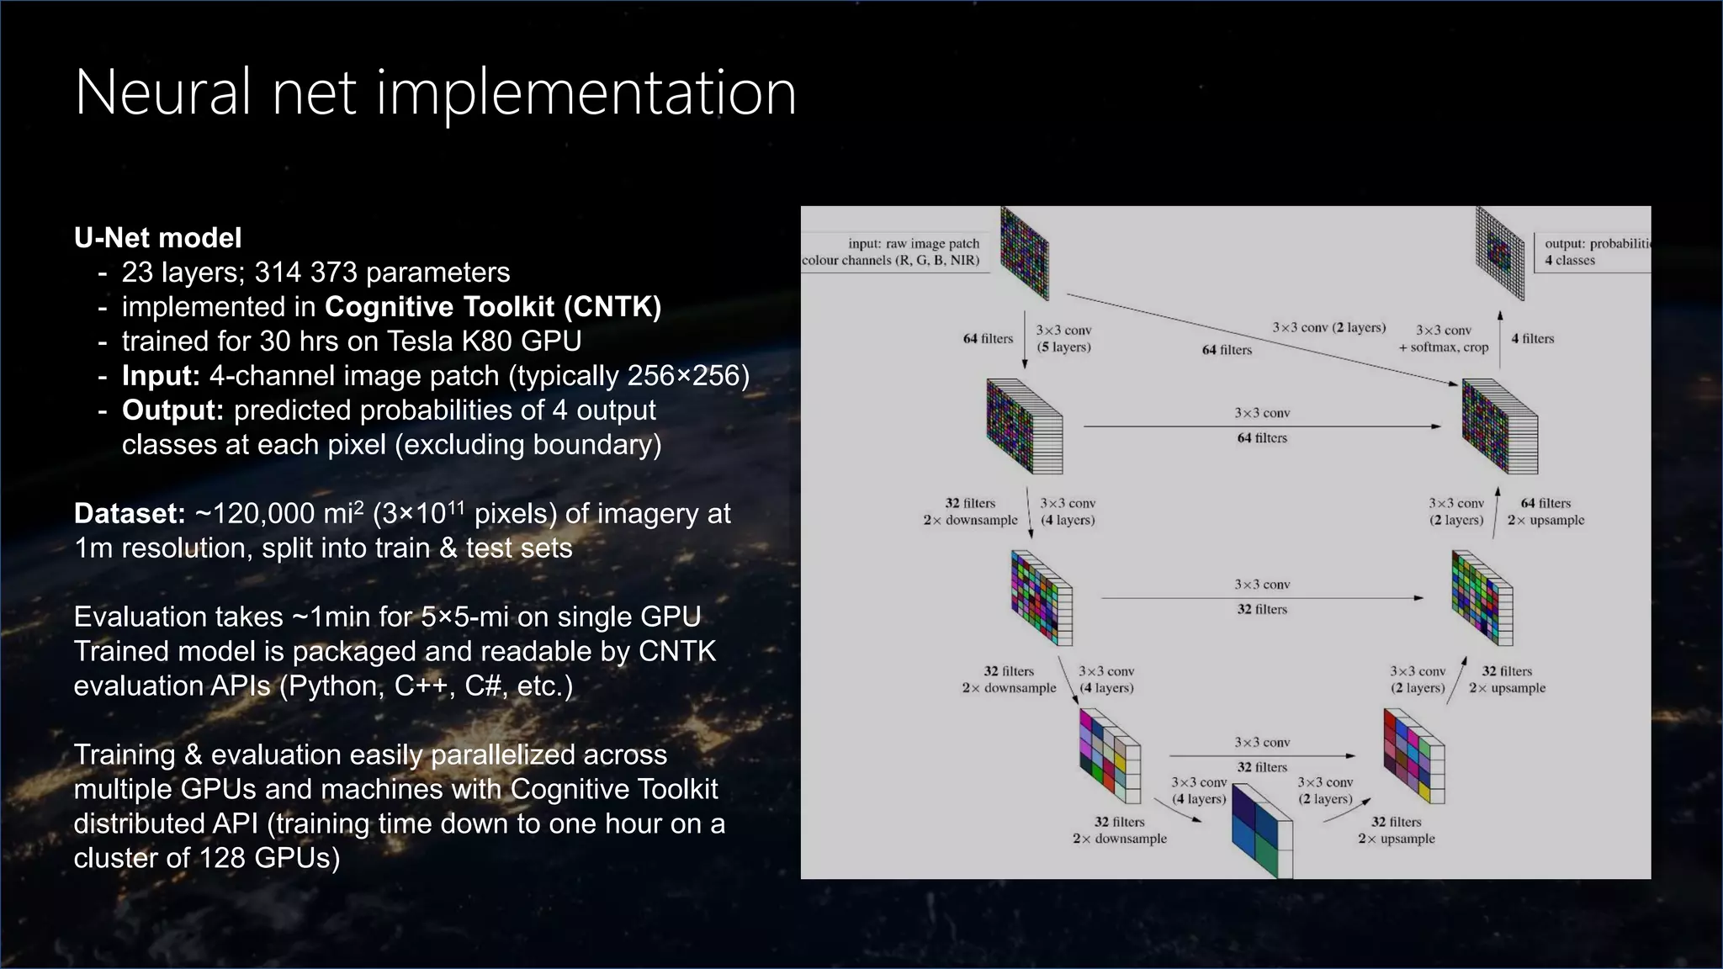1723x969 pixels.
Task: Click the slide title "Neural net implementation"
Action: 435,93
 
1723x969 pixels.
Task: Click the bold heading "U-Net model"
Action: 157,238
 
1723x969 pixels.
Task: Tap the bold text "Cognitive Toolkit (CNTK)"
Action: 493,307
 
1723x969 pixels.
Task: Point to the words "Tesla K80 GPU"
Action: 484,342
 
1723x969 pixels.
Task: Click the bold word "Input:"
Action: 161,376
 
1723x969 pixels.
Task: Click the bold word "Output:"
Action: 172,410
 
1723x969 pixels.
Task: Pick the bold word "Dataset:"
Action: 130,514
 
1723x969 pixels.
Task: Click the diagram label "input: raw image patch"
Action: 914,243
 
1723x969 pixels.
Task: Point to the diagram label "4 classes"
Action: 1569,261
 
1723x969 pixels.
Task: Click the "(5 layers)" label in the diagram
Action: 1063,347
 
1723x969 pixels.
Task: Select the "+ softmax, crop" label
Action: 1443,347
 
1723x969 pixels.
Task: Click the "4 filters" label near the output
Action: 1532,339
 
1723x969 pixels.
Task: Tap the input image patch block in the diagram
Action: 1024,253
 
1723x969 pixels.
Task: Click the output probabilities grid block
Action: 1500,253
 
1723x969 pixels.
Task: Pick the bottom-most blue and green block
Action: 1261,831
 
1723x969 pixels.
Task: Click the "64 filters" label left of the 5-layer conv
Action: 988,339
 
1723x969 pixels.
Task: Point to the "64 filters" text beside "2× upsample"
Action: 1545,503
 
